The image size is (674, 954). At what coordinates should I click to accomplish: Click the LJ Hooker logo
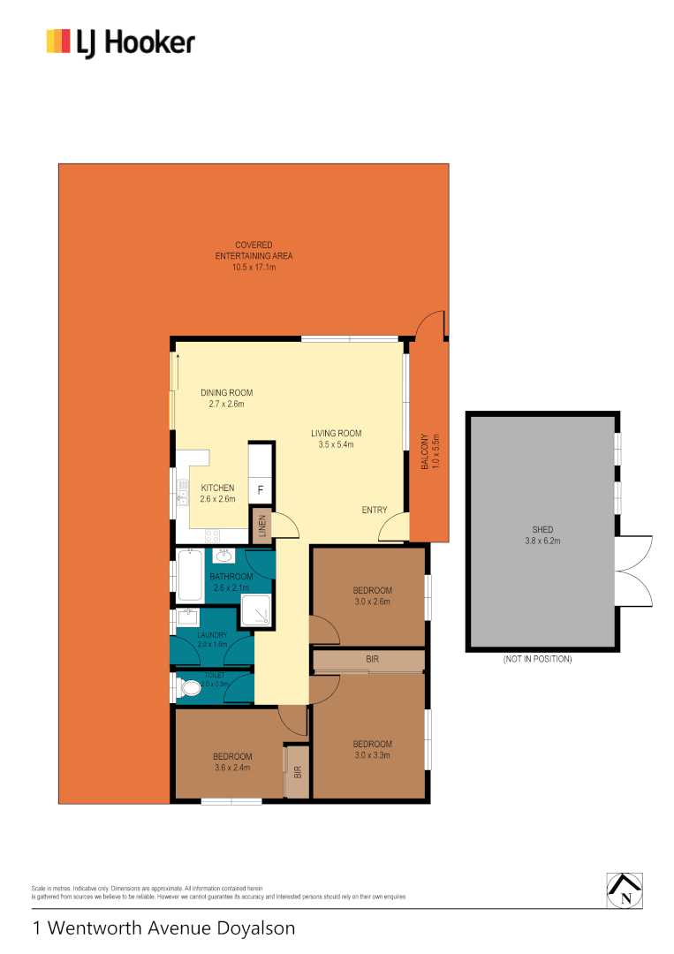(120, 42)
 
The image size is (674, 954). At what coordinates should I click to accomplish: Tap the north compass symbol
(625, 890)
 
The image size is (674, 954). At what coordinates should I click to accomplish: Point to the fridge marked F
(260, 489)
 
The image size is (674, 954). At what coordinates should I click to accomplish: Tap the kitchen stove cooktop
(214, 534)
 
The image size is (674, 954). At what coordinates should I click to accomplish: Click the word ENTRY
(375, 510)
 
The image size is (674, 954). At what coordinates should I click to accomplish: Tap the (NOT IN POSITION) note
(537, 659)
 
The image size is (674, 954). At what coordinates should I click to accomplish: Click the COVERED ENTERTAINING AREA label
(254, 255)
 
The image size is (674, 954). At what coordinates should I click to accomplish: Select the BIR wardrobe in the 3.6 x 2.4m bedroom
(297, 771)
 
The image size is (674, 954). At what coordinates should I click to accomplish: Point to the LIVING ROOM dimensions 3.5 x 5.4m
(336, 445)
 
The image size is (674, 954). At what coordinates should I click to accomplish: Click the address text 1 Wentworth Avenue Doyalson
(163, 928)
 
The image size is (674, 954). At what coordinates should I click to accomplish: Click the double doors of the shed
(636, 571)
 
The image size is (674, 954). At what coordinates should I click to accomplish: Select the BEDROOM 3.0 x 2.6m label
(372, 596)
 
